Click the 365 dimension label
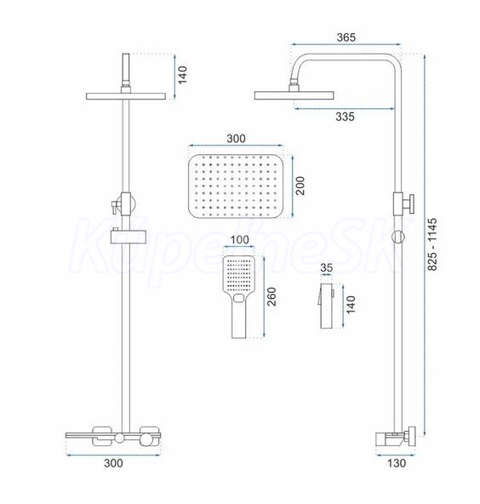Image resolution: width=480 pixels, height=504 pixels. pos(346,37)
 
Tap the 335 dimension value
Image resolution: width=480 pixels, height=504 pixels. pos(345,117)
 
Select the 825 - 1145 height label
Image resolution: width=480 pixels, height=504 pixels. pos(432,244)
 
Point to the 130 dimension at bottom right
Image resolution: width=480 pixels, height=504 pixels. pos(397,463)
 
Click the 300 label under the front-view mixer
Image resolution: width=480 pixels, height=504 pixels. pos(113,463)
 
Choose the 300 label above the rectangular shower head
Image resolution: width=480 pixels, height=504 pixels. pos(236,139)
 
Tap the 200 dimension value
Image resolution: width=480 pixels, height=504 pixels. pos(300,186)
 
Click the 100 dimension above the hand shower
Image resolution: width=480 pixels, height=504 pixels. pos(240,240)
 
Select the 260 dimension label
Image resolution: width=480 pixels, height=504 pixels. pos(271,296)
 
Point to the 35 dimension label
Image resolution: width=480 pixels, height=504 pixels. pos(327,267)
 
